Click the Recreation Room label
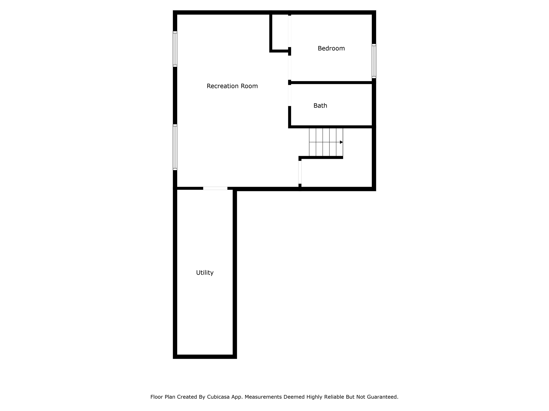tap(232, 86)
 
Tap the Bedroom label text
tap(331, 48)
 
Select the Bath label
tap(320, 106)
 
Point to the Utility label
tap(205, 273)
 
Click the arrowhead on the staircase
tap(341, 142)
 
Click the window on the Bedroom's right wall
tap(374, 61)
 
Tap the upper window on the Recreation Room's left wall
tap(175, 49)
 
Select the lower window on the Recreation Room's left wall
tap(175, 147)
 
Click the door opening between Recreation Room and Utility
tap(215, 188)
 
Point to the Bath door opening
tap(290, 95)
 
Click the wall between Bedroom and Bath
tap(331, 82)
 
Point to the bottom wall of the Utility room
tap(205, 356)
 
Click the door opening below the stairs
tap(300, 172)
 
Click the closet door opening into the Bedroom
tap(290, 31)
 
